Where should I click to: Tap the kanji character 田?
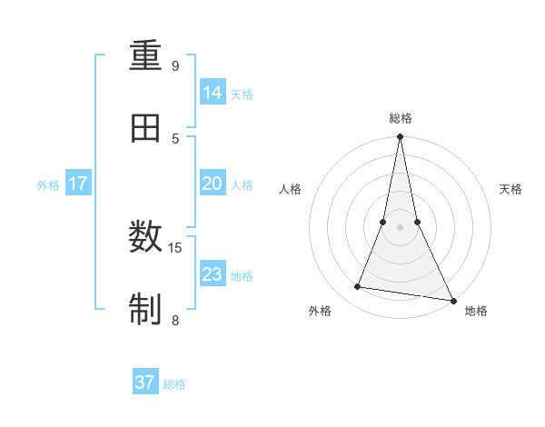[146, 128]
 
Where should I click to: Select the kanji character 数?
[146, 239]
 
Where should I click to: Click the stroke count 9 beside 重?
[175, 66]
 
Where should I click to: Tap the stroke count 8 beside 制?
[175, 320]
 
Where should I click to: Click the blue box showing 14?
[213, 93]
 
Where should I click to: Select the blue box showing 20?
[213, 184]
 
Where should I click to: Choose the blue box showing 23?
[213, 273]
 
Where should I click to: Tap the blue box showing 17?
[78, 184]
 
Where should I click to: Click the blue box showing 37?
[145, 382]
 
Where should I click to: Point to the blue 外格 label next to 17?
[48, 185]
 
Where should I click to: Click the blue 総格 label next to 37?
[174, 384]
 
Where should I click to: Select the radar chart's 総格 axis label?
[401, 118]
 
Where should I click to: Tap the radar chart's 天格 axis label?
[511, 189]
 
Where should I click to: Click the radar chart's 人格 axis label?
[290, 189]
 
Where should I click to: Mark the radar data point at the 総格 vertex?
[400, 137]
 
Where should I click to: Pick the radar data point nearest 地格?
[452, 300]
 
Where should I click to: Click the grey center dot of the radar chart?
[400, 227]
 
